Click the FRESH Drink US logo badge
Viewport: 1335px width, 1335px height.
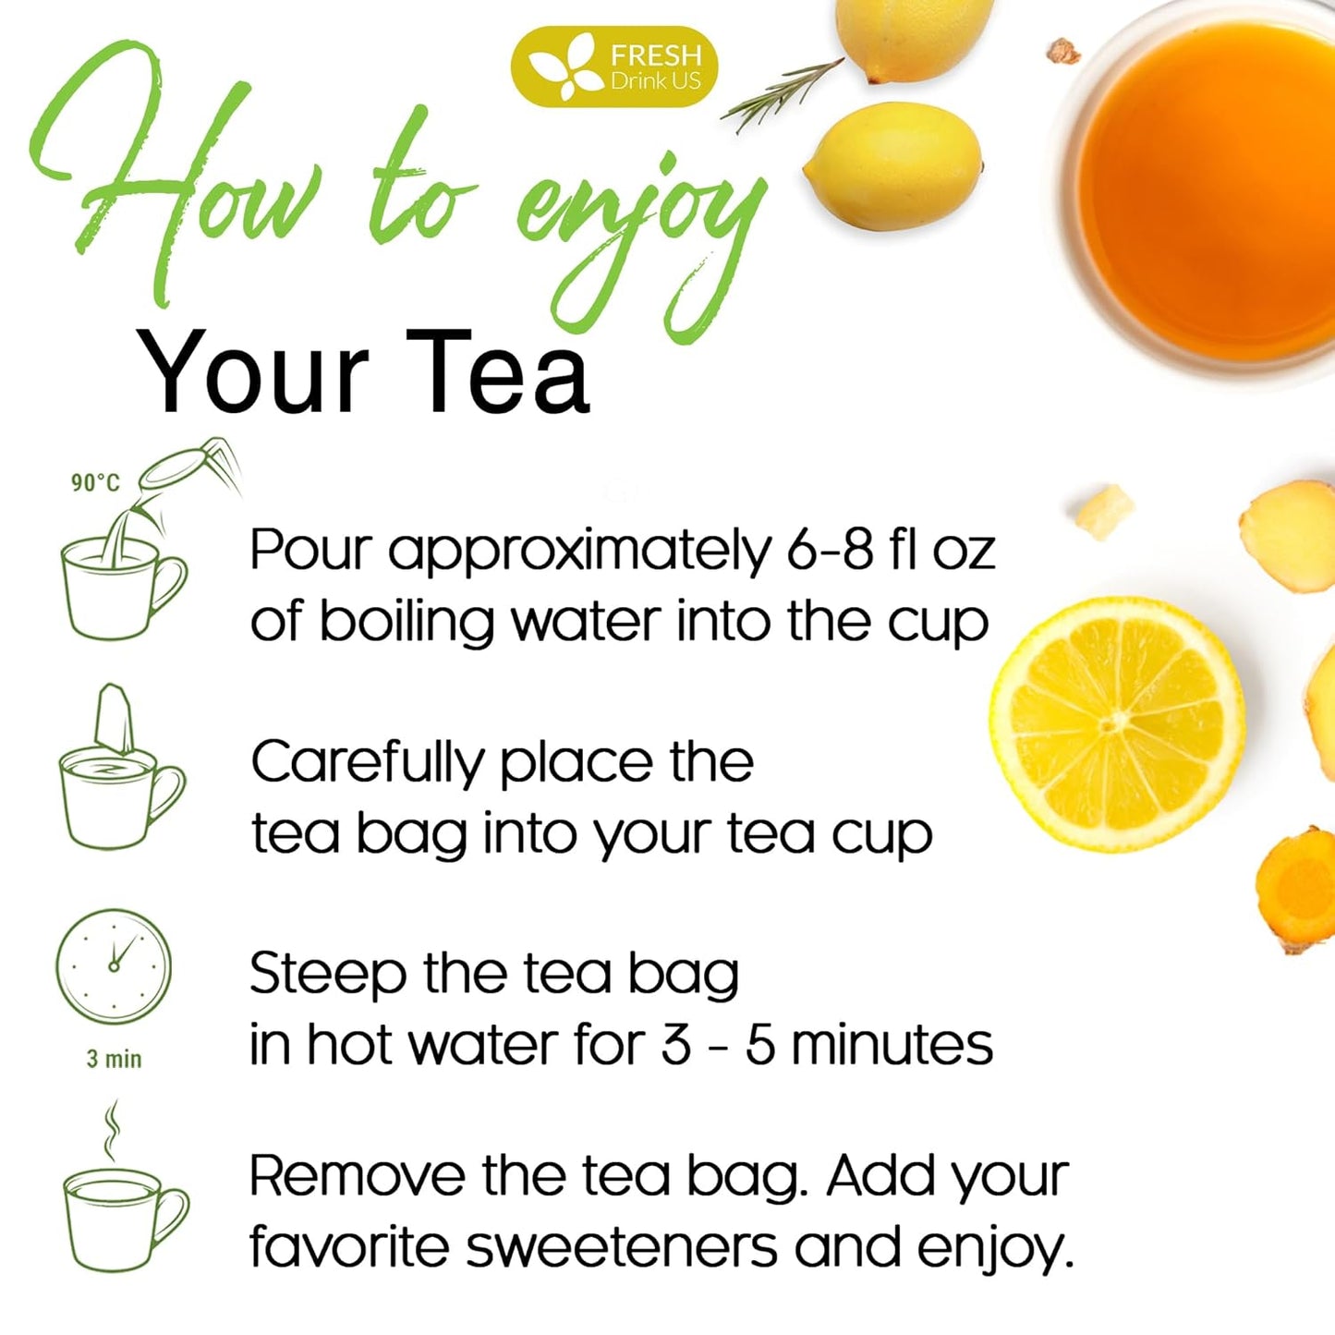tap(613, 67)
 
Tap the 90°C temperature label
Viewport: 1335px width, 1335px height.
tap(95, 482)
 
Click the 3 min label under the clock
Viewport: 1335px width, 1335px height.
tap(115, 1059)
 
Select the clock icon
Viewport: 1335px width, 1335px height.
tap(114, 966)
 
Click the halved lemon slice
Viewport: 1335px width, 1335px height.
tap(1118, 724)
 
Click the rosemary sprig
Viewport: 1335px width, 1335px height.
tap(782, 92)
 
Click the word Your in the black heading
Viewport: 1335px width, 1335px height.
tap(252, 374)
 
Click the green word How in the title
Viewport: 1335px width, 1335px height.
tap(185, 185)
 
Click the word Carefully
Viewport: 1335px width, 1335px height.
tap(367, 764)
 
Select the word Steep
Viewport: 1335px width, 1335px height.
tap(327, 976)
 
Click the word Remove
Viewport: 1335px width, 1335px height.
tap(357, 1177)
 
